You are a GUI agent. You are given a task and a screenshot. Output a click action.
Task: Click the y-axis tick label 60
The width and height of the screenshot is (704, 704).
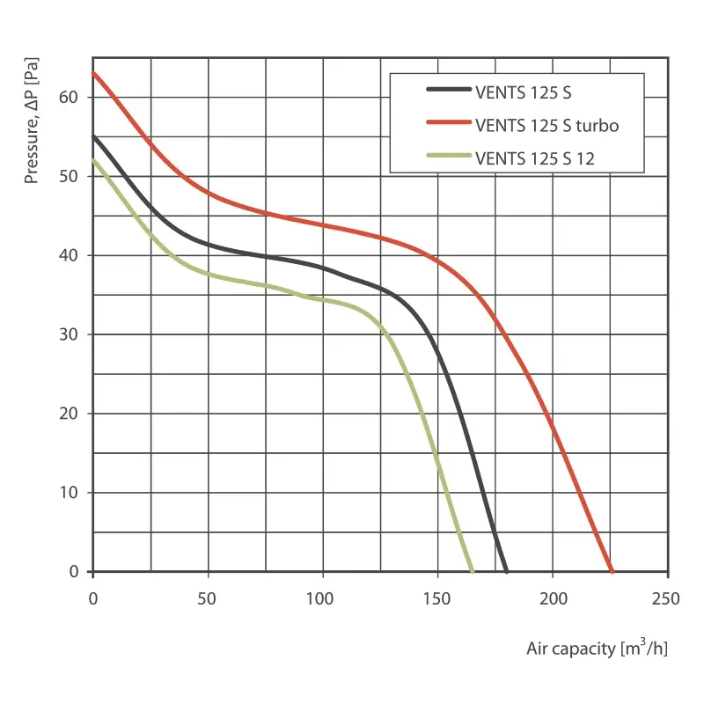pos(70,97)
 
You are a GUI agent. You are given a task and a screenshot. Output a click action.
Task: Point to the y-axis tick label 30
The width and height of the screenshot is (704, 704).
pos(70,334)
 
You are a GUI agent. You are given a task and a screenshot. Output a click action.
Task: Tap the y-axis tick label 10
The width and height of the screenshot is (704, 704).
pos(70,493)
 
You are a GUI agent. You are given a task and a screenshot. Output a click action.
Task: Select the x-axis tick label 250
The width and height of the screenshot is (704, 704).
pos(667,599)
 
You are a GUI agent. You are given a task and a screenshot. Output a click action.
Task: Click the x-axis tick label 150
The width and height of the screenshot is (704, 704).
pos(437,599)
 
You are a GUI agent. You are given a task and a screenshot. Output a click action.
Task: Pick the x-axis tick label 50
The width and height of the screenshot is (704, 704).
pos(208,599)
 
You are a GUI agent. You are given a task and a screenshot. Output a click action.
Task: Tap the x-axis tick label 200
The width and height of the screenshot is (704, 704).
pos(553,599)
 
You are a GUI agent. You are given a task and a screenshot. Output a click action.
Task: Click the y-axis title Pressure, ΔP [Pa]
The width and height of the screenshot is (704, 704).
pos(32,128)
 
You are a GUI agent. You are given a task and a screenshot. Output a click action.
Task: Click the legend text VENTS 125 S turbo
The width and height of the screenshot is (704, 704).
pos(546,125)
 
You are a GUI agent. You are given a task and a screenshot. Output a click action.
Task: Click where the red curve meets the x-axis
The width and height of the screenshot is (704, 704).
pos(612,571)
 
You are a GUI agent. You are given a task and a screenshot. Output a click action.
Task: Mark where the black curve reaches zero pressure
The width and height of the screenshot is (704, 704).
pos(507,571)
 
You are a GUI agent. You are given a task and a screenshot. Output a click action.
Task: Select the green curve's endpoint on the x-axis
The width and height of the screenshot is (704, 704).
pos(473,571)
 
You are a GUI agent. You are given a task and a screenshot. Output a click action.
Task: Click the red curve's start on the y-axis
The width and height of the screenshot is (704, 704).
pos(93,73)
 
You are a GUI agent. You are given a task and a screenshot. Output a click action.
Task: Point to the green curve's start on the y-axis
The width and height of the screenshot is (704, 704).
pos(93,159)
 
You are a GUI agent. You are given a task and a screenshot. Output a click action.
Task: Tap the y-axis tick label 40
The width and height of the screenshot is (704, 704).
pos(70,255)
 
